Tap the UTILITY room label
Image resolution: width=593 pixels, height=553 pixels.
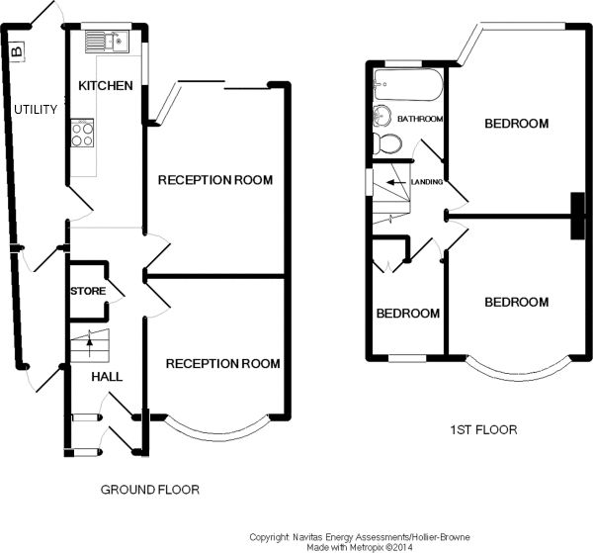[x=35, y=109]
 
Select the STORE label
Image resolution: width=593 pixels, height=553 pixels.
[x=87, y=291]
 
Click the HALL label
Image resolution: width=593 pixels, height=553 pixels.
[x=107, y=377]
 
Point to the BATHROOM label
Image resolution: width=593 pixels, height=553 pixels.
[x=419, y=120]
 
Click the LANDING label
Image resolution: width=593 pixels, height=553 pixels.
[x=426, y=182]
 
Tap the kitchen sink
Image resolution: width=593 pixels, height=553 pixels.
[x=104, y=41]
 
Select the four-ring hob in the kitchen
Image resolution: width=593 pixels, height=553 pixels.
[x=83, y=133]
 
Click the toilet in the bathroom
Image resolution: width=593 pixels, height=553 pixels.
[x=389, y=144]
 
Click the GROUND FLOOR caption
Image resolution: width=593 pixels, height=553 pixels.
[x=150, y=490]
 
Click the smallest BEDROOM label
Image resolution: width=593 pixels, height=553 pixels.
[x=407, y=314]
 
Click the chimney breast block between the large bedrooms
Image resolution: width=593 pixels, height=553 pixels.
[x=576, y=215]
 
